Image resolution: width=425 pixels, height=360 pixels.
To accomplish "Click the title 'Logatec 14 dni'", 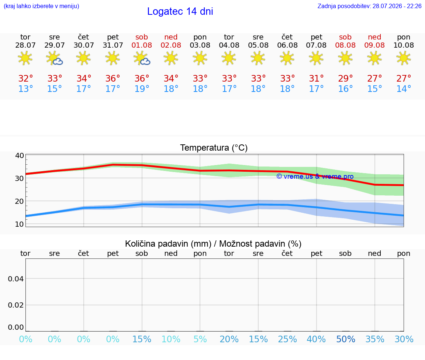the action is [x=180, y=11].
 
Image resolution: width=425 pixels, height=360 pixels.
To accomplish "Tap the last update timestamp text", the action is [x=369, y=6].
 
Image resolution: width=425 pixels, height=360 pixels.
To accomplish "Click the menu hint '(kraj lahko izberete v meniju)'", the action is [x=41, y=6].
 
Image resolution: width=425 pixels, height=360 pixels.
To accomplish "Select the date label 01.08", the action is [x=142, y=45].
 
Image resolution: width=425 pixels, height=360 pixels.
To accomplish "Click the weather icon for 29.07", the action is [x=55, y=58].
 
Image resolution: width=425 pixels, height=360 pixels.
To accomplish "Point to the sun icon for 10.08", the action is [x=404, y=58].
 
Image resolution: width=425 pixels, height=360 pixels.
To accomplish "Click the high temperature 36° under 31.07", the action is [x=113, y=78].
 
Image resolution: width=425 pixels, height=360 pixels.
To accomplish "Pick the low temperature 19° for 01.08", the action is [x=142, y=89].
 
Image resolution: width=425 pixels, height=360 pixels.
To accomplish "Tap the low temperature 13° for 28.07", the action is [x=25, y=89].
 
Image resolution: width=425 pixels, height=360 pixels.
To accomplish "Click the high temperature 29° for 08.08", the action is [x=345, y=78].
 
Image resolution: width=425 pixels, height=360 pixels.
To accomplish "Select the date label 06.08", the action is [x=287, y=45].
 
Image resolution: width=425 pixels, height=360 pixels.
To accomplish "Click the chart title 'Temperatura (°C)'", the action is [x=214, y=148].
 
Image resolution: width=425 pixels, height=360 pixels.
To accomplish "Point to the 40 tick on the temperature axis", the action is [x=20, y=155].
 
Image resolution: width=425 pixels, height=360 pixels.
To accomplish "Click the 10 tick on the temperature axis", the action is [x=20, y=224].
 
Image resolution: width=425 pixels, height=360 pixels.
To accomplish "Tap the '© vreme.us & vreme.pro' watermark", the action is [x=315, y=176].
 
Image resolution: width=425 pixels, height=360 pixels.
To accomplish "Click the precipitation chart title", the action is [x=213, y=244].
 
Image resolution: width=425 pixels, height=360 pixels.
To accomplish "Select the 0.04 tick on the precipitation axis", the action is [x=16, y=279].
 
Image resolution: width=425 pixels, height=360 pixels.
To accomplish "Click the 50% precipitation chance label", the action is [x=346, y=339].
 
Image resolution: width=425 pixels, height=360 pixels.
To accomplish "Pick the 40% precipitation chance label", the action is [x=316, y=339].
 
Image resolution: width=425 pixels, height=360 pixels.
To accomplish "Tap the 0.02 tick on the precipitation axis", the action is [x=16, y=305].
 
